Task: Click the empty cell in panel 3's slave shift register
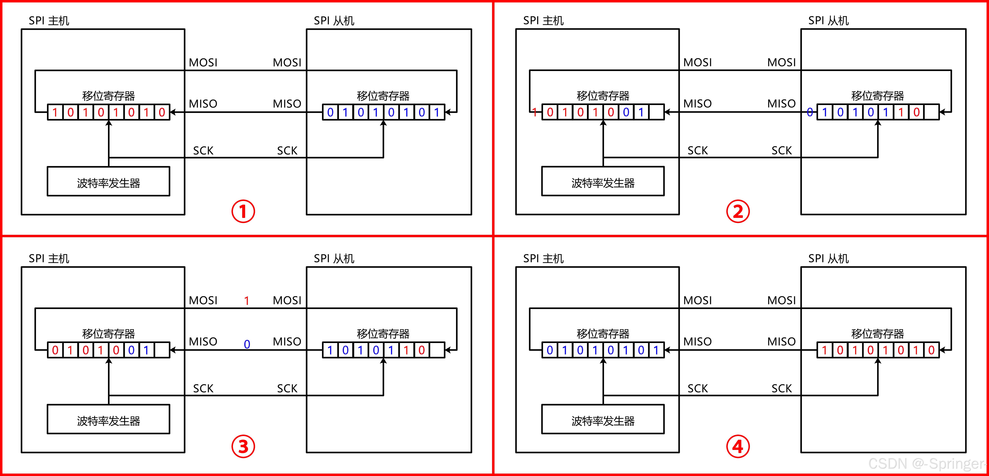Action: [x=437, y=350]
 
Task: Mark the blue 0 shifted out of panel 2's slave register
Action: [x=810, y=112]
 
